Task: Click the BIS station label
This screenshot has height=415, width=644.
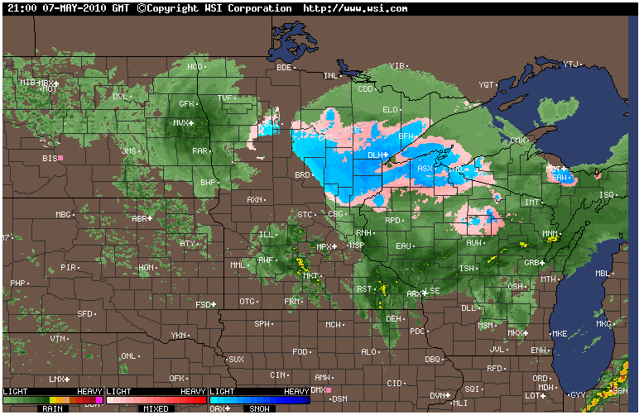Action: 50,157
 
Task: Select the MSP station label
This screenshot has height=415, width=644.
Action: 357,246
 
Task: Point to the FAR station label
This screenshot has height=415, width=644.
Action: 199,151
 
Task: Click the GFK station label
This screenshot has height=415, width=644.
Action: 187,104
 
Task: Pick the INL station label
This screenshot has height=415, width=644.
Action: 330,75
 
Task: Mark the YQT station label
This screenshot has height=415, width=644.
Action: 487,84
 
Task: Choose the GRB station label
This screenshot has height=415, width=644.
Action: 532,263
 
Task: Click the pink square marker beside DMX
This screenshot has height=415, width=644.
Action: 329,389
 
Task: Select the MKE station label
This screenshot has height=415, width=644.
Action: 560,334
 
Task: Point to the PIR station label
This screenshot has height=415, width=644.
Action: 68,268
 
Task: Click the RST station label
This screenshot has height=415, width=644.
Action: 364,289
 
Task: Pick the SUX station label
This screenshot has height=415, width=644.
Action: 237,360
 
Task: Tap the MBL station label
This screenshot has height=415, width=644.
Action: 603,274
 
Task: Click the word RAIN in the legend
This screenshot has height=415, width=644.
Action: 54,408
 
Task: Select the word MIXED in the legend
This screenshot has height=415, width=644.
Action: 156,408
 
